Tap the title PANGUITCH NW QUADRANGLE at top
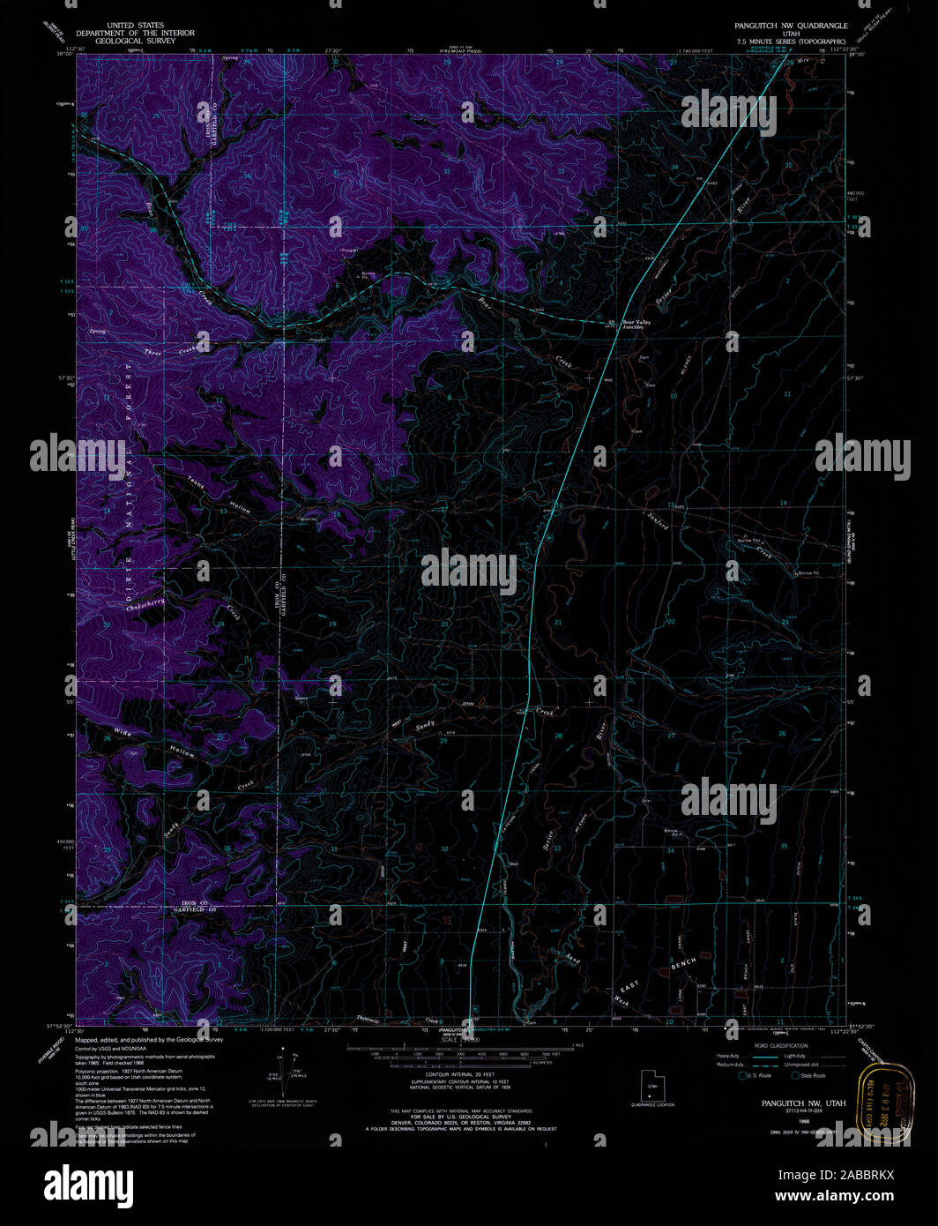point(791,26)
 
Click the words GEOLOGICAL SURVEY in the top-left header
point(135,41)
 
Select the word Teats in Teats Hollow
point(196,482)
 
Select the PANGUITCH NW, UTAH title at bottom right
point(803,1103)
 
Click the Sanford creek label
point(658,521)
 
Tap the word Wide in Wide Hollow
point(123,732)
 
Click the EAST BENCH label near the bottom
point(657,975)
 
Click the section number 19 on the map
point(332,624)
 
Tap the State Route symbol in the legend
point(795,1076)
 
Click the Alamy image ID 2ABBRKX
point(835,1175)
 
